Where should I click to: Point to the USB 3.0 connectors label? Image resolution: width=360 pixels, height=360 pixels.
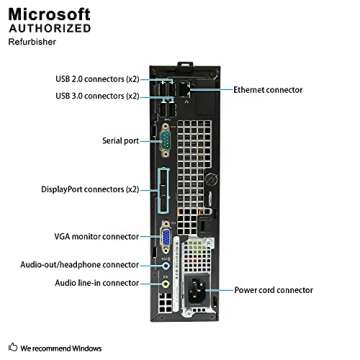click(97, 95)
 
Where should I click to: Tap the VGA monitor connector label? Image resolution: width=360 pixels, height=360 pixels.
click(96, 236)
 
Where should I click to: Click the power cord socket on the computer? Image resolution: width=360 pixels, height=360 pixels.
click(199, 293)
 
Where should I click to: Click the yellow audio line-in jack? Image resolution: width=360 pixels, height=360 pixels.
click(166, 283)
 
